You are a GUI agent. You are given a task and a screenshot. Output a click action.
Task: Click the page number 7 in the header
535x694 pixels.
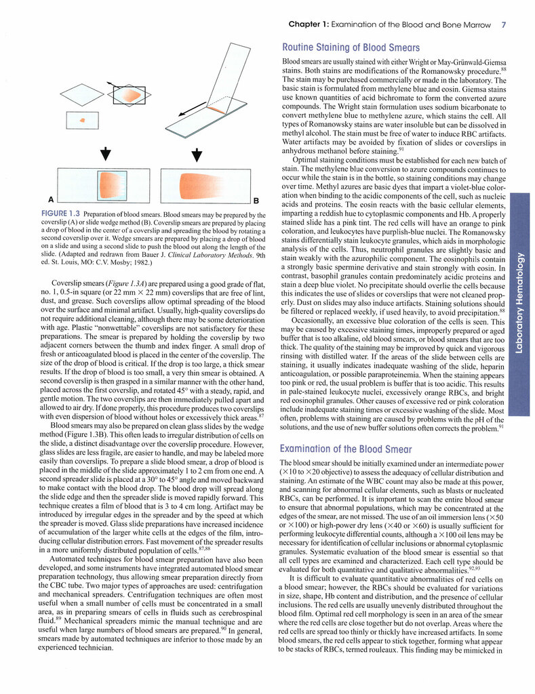coord(503,25)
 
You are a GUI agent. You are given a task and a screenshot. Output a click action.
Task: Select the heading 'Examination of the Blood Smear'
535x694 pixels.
coord(348,448)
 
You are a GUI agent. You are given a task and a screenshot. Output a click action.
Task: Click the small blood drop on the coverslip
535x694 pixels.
coord(83,120)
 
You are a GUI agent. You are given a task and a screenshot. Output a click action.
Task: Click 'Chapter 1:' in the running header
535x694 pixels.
coord(309,25)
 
